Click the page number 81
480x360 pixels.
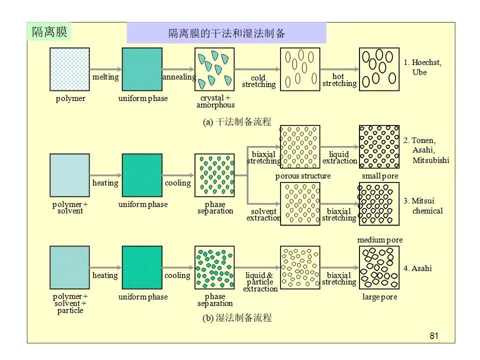tap(434, 336)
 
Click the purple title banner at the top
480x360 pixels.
tap(226, 33)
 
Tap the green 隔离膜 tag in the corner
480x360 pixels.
tap(49, 31)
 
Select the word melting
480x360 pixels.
tap(105, 77)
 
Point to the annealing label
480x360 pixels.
tap(179, 77)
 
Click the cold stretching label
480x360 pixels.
tap(258, 81)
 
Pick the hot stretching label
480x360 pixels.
tap(339, 80)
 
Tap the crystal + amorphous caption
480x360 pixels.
tap(215, 101)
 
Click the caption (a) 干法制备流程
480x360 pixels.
tap(237, 122)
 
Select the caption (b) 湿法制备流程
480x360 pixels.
tap(237, 318)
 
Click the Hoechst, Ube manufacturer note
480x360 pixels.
tap(422, 67)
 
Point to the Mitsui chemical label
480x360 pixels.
tap(423, 205)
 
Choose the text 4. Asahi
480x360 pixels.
tap(417, 268)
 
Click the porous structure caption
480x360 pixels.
tap(303, 176)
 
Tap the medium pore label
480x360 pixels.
tap(380, 240)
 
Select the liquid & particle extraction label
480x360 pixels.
tap(260, 282)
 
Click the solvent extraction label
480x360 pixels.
tap(263, 214)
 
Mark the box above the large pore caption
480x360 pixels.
tap(379, 267)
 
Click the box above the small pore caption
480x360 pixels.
tap(379, 147)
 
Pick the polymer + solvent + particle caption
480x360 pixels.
tap(70, 303)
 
